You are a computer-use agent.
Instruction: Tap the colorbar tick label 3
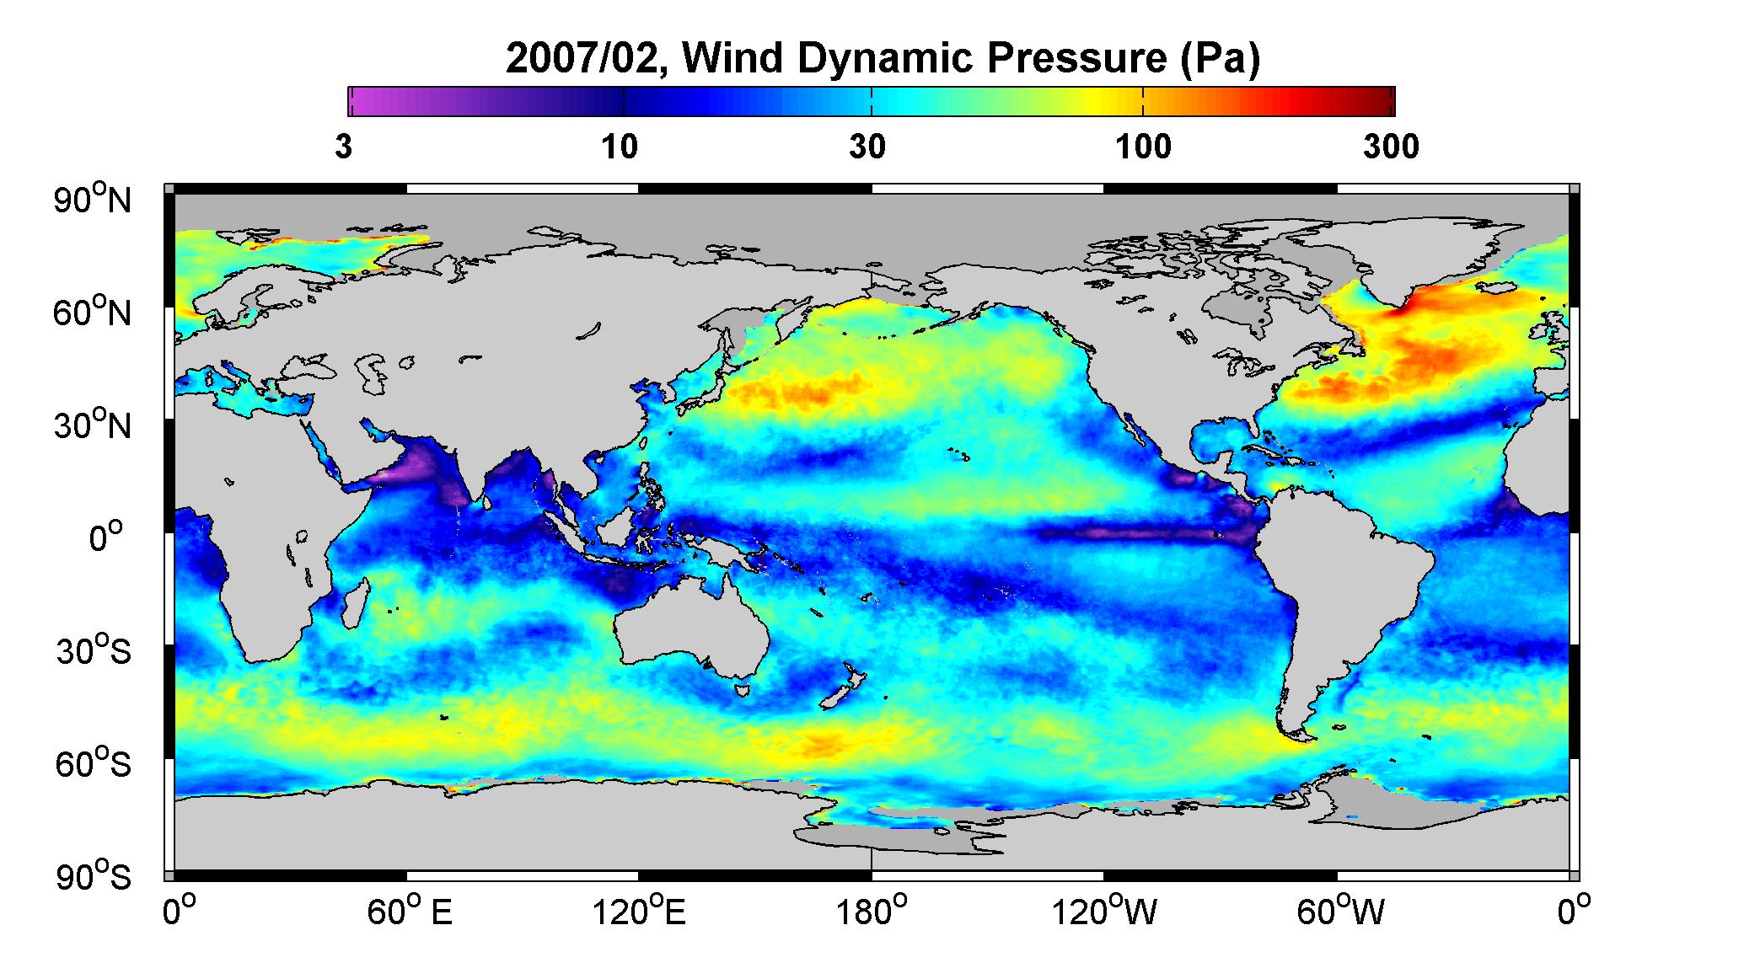pyautogui.click(x=343, y=147)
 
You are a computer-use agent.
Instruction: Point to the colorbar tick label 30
pyautogui.click(x=867, y=147)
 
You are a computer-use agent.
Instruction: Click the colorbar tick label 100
pyautogui.click(x=1143, y=147)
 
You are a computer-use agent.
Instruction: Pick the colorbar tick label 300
pyautogui.click(x=1391, y=147)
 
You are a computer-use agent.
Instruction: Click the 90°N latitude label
pyautogui.click(x=94, y=200)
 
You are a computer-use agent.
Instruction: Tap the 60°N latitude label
pyautogui.click(x=94, y=313)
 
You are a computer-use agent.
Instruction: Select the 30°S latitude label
pyautogui.click(x=94, y=651)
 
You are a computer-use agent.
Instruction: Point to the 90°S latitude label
pyautogui.click(x=94, y=877)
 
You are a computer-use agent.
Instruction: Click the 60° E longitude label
pyautogui.click(x=409, y=913)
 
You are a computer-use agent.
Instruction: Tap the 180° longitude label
pyautogui.click(x=872, y=913)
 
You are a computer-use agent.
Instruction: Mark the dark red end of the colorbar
pyautogui.click(x=1382, y=101)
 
